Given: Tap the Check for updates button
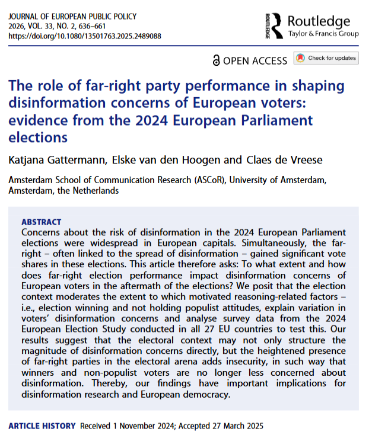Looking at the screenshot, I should [x=326, y=58].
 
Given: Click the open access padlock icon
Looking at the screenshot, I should [x=217, y=60].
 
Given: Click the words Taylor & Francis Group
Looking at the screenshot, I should [x=323, y=34].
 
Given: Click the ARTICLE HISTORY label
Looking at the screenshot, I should [x=43, y=426].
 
